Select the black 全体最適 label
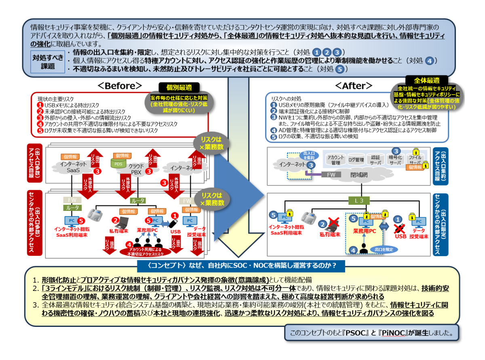tap(426, 80)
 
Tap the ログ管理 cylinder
tap(356, 160)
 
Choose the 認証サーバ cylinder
tap(375, 160)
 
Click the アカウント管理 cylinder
tap(335, 160)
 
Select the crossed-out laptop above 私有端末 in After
tap(333, 223)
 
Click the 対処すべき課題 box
tap(47, 62)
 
